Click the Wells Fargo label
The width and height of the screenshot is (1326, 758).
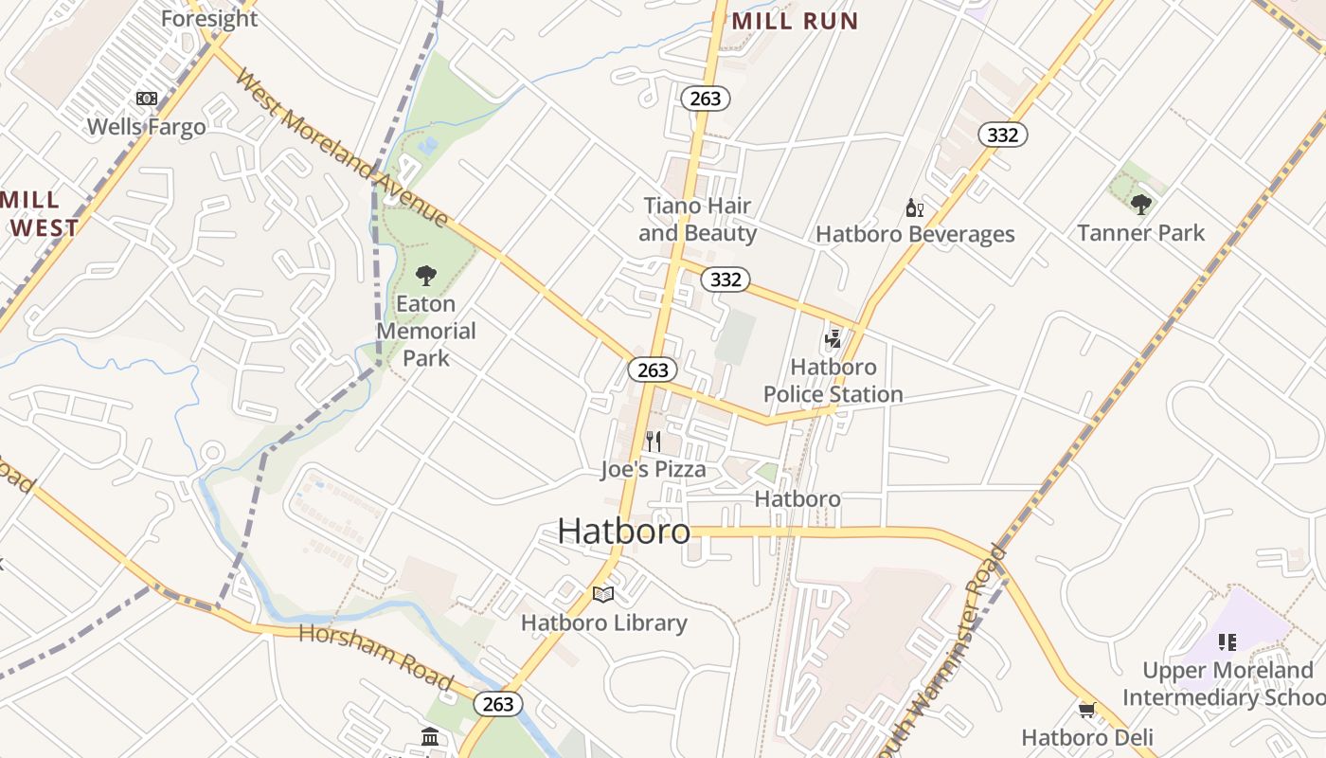pyautogui.click(x=146, y=127)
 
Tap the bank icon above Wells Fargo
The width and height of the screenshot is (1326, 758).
pyautogui.click(x=146, y=99)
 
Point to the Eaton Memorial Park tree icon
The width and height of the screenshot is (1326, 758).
pyautogui.click(x=426, y=276)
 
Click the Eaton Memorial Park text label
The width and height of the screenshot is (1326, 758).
pyautogui.click(x=426, y=331)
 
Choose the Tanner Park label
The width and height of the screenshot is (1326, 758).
pyautogui.click(x=1140, y=233)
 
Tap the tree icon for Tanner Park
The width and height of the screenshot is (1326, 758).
pyautogui.click(x=1140, y=204)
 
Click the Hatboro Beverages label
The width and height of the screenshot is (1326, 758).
pyautogui.click(x=915, y=234)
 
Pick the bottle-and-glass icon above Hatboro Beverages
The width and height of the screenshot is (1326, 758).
pyautogui.click(x=914, y=208)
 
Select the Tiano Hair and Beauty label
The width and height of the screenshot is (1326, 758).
pyautogui.click(x=697, y=220)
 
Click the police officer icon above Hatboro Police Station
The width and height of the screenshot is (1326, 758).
pyautogui.click(x=833, y=338)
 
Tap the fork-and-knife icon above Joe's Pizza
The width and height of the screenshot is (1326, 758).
pyautogui.click(x=653, y=441)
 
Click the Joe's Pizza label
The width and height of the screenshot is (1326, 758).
pyautogui.click(x=654, y=469)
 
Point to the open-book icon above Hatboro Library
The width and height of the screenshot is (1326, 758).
pyautogui.click(x=603, y=595)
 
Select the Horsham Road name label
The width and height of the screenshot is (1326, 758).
pyautogui.click(x=376, y=656)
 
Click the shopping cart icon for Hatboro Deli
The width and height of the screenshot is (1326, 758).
pyautogui.click(x=1086, y=710)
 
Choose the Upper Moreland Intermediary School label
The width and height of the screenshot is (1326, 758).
pyautogui.click(x=1227, y=684)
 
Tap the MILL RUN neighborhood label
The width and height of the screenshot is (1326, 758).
pyautogui.click(x=795, y=21)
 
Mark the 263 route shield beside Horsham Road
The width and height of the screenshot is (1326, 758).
pyautogui.click(x=497, y=703)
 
